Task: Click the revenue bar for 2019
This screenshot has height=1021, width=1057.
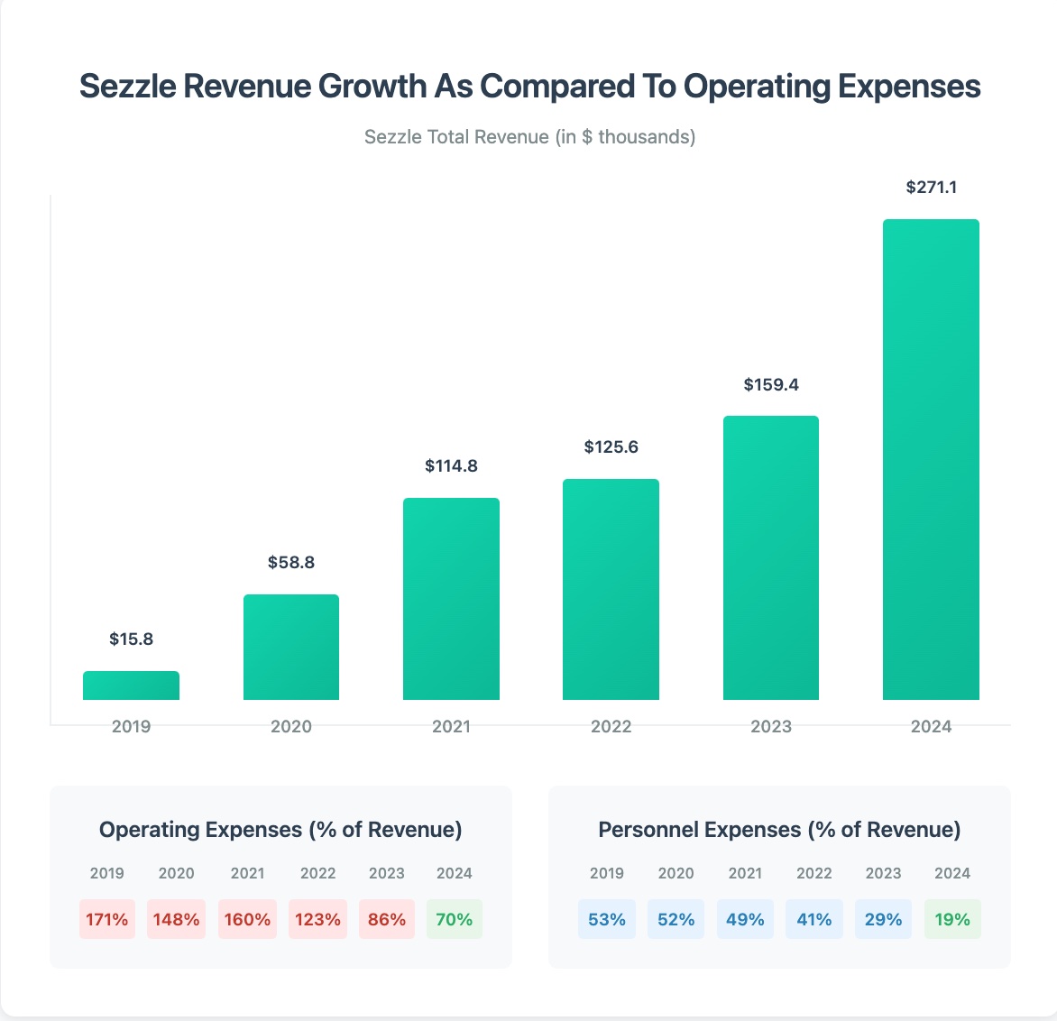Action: pyautogui.click(x=131, y=685)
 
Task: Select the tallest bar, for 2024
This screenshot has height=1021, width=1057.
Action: pyautogui.click(x=931, y=460)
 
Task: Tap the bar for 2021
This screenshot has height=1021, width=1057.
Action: pyautogui.click(x=451, y=599)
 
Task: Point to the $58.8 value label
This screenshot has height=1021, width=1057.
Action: pyautogui.click(x=291, y=563)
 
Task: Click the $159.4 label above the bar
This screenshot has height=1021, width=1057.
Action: pyautogui.click(x=771, y=385)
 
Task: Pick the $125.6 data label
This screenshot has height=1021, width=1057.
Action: pyautogui.click(x=611, y=447)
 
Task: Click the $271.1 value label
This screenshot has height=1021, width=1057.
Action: pyautogui.click(x=931, y=188)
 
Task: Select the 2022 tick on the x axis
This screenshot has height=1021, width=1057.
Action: pyautogui.click(x=611, y=727)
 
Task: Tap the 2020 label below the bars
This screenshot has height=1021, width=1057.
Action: pyautogui.click(x=291, y=727)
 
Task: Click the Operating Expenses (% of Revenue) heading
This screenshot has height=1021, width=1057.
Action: pyautogui.click(x=280, y=830)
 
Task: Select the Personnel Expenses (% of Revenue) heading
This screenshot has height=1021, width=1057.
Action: pyautogui.click(x=779, y=830)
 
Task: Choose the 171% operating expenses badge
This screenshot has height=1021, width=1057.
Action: pyautogui.click(x=107, y=919)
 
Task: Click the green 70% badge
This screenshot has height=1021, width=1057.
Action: pyautogui.click(x=455, y=919)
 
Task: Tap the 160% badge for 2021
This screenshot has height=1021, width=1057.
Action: pyautogui.click(x=247, y=919)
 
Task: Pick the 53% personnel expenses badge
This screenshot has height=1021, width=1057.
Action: pyautogui.click(x=607, y=919)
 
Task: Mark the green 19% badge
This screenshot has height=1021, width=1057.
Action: pyautogui.click(x=952, y=919)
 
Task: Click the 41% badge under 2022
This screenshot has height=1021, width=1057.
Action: pyautogui.click(x=814, y=919)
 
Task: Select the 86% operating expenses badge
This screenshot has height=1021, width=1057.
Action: pyautogui.click(x=387, y=919)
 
